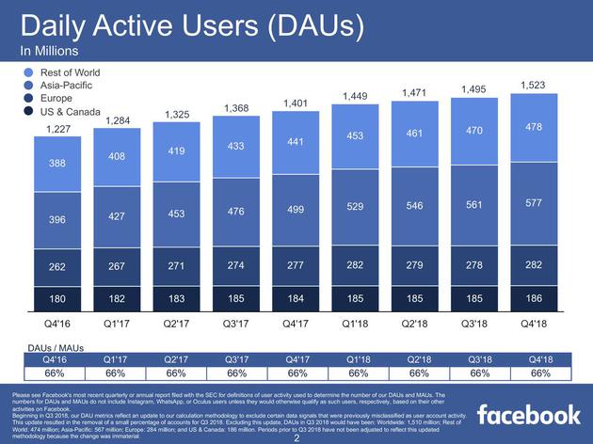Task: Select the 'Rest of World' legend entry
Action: [x=68, y=72]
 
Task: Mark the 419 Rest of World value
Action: [x=177, y=151]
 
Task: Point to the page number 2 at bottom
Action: [x=296, y=438]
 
